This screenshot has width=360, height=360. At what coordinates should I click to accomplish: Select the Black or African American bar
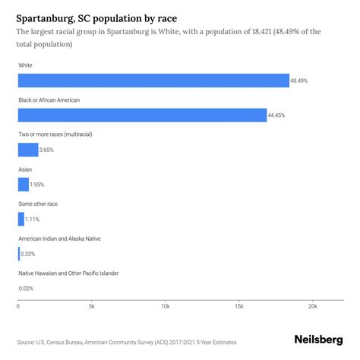pyautogui.click(x=142, y=115)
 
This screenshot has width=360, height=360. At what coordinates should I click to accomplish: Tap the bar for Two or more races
pyautogui.click(x=28, y=150)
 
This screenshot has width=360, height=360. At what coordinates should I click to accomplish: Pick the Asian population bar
pyautogui.click(x=23, y=184)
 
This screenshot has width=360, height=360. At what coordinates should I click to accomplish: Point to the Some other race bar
pyautogui.click(x=21, y=219)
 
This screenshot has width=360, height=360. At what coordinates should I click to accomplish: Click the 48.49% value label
pyautogui.click(x=300, y=81)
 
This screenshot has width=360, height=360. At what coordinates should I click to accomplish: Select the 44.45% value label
pyautogui.click(x=277, y=115)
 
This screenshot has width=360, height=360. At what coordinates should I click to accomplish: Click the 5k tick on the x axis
pyautogui.click(x=91, y=307)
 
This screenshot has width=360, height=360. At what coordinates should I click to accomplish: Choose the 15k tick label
pyautogui.click(x=238, y=307)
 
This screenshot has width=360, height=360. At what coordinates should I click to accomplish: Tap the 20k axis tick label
pyautogui.click(x=312, y=307)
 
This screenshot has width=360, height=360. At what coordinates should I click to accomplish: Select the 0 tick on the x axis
pyautogui.click(x=18, y=307)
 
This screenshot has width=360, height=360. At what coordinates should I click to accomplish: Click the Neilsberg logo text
pyautogui.click(x=317, y=340)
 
